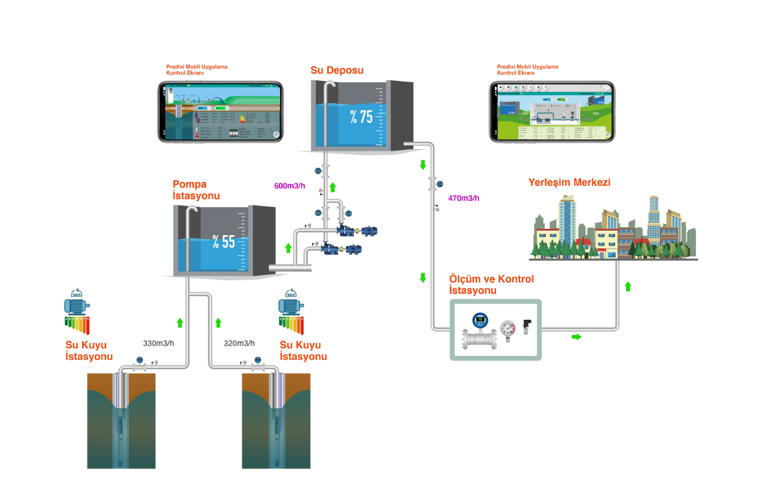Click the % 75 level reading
[361, 115]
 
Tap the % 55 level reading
[223, 241]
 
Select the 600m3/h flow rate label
[290, 185]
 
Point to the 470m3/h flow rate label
[463, 198]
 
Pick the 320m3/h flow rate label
[239, 343]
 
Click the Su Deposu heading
[337, 70]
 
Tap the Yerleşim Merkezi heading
[569, 183]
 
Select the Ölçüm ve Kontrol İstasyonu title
[491, 285]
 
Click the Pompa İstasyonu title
[196, 190]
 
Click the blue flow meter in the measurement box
[480, 332]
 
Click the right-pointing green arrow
[576, 336]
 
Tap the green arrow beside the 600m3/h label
[332, 186]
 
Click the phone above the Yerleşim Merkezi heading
[553, 112]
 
